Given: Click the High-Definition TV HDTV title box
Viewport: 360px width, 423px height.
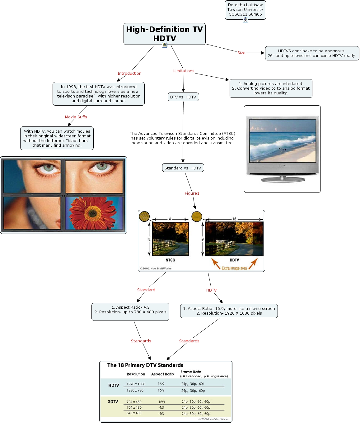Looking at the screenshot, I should tap(164, 34).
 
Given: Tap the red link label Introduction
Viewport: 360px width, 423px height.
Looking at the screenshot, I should tap(129, 74).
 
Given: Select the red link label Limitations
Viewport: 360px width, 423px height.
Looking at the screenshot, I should tap(184, 71).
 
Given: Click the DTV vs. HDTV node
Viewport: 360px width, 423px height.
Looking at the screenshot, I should tap(183, 97).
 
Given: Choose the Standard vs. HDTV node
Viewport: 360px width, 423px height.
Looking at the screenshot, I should tap(183, 168).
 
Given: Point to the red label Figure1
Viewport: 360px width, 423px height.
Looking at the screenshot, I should tap(192, 193).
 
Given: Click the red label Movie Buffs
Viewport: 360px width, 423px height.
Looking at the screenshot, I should tap(76, 117).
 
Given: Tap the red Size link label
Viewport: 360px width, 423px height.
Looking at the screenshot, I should tap(241, 53).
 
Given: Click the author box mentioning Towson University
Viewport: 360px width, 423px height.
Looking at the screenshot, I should tap(245, 10).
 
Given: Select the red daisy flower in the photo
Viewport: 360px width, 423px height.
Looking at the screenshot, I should tap(92, 212).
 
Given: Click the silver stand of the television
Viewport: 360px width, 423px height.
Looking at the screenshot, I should tap(282, 179).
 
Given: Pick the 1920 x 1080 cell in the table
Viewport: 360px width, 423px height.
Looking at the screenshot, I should tap(136, 384).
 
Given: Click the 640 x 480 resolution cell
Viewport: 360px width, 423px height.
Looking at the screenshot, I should tap(134, 413).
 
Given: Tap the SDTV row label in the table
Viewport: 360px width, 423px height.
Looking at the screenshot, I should tap(113, 402).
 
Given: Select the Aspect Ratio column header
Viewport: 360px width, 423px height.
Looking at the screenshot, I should tap(162, 374).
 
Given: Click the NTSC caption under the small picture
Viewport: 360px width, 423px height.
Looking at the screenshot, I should tap(170, 260).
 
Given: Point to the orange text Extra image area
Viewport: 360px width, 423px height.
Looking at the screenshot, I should tap(234, 268).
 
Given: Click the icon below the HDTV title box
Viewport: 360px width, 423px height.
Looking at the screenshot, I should tap(165, 45).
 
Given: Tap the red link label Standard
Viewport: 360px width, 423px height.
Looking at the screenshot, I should tap(146, 290).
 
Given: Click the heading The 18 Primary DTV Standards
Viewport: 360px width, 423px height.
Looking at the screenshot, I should tap(145, 365).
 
